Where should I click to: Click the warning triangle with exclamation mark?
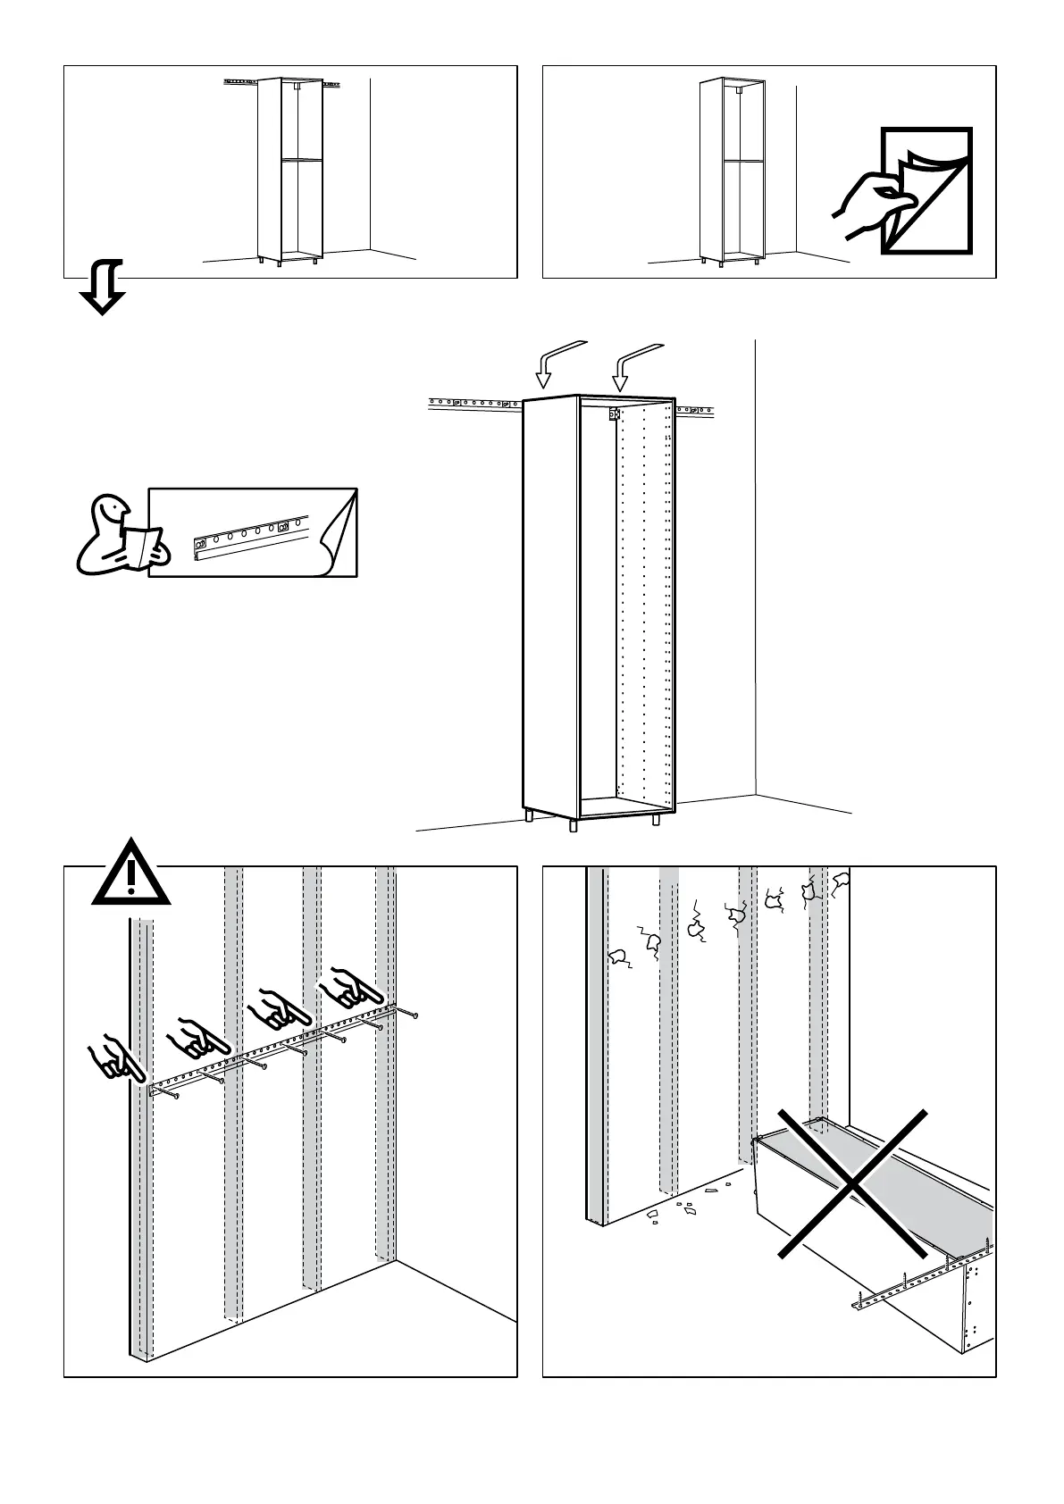(x=131, y=874)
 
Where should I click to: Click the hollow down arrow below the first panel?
(x=103, y=287)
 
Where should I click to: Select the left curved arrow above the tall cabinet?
(x=556, y=363)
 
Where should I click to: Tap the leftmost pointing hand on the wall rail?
(x=113, y=1059)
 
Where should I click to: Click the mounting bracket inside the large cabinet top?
(x=614, y=414)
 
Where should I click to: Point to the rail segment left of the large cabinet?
(x=473, y=404)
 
